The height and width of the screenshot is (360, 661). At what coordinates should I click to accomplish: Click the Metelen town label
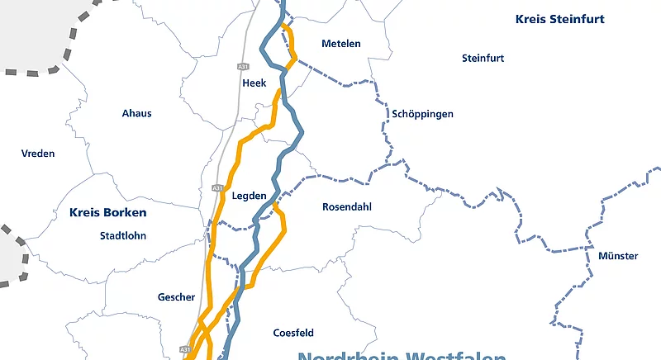[341, 44]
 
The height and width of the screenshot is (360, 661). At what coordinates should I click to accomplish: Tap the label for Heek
[254, 83]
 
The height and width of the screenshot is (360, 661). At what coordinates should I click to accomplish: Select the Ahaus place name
[136, 113]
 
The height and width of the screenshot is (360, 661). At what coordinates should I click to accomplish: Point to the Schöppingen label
[423, 114]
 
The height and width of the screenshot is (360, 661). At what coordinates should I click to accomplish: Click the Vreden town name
[38, 154]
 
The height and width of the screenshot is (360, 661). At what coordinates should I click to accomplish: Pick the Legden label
[250, 197]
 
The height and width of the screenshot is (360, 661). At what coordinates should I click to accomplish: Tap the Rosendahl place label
[346, 207]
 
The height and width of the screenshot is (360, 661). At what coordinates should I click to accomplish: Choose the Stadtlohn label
[122, 235]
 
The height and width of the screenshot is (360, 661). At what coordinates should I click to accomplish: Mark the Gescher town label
[176, 297]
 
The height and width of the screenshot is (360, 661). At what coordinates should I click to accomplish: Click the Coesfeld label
[293, 334]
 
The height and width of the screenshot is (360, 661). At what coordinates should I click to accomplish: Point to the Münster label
[618, 257]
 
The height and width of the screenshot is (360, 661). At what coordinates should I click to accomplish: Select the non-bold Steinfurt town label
[483, 59]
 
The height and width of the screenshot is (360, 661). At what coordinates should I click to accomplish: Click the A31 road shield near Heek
[242, 66]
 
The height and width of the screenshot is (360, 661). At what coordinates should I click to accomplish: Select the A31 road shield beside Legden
[217, 188]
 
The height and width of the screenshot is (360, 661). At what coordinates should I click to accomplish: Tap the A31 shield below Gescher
[184, 349]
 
